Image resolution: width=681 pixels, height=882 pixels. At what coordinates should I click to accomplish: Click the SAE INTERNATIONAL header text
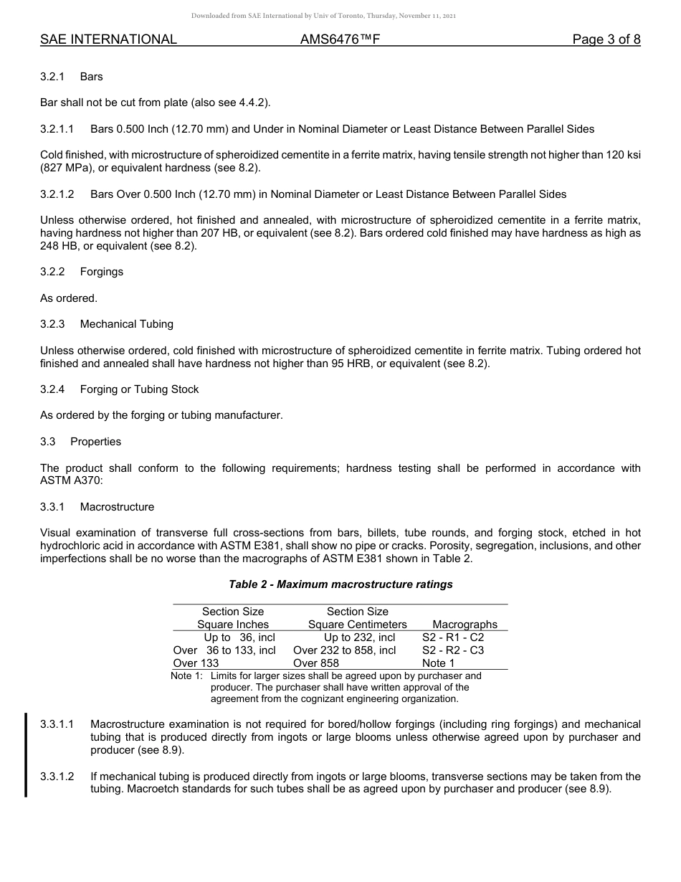click(108, 40)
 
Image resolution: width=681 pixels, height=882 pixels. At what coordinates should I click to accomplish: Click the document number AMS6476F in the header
click(340, 40)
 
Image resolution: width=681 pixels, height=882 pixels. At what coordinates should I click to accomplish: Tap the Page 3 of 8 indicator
click(606, 40)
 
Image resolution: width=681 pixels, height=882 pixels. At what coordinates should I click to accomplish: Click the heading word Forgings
click(102, 272)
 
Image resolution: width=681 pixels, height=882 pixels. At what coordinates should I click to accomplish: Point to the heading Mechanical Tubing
click(127, 324)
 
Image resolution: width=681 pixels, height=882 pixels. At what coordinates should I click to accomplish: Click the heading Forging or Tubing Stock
click(139, 389)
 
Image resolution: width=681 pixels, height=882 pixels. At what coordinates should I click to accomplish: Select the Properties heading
click(95, 442)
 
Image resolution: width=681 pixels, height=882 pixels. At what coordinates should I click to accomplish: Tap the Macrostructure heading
click(117, 507)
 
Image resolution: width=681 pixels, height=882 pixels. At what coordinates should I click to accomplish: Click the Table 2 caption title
click(340, 584)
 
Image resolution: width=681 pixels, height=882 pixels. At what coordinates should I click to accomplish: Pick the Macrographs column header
click(465, 625)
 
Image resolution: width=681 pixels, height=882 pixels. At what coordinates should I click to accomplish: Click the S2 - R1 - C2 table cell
click(453, 637)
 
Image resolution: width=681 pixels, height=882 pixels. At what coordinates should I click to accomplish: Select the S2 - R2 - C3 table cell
click(453, 650)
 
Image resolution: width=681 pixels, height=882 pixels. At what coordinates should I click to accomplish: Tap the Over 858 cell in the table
click(316, 663)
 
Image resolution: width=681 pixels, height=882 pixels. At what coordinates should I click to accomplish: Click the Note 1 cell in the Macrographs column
click(438, 663)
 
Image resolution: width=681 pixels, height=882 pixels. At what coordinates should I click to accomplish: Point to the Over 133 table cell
click(196, 663)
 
